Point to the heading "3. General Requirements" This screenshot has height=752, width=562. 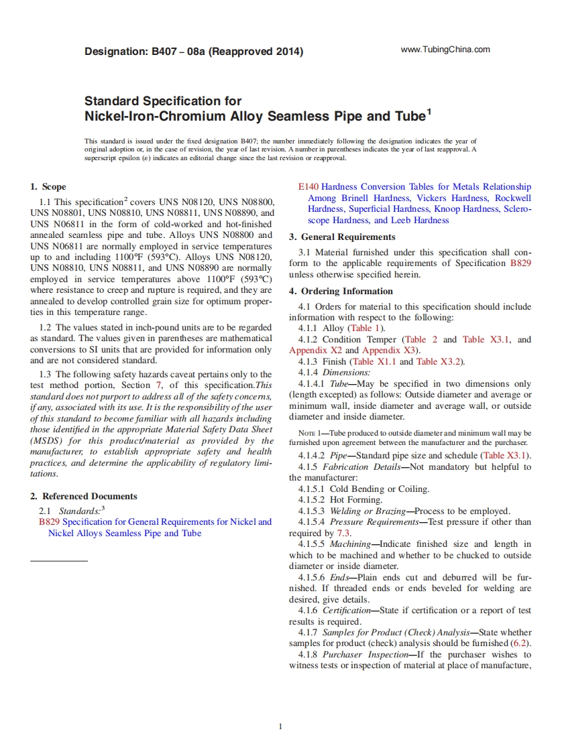click(342, 237)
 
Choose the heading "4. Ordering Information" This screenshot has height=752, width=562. click(341, 292)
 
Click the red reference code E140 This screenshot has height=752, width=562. click(309, 187)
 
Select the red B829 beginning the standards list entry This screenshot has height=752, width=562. click(50, 522)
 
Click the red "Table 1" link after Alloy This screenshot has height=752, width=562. click(365, 328)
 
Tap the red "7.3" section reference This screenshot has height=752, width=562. click(343, 534)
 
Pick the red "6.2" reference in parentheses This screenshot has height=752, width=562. click(518, 643)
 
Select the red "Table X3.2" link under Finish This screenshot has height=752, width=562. click(439, 362)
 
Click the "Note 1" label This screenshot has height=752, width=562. click(305, 433)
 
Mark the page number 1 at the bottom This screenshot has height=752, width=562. click(280, 727)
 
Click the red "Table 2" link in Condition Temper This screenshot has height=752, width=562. click(420, 340)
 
